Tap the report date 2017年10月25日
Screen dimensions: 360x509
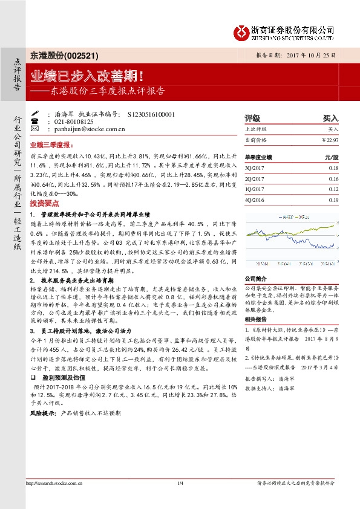click(x=309, y=55)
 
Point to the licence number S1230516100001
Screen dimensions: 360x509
click(x=151, y=114)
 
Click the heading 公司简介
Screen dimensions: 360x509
click(x=255, y=279)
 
